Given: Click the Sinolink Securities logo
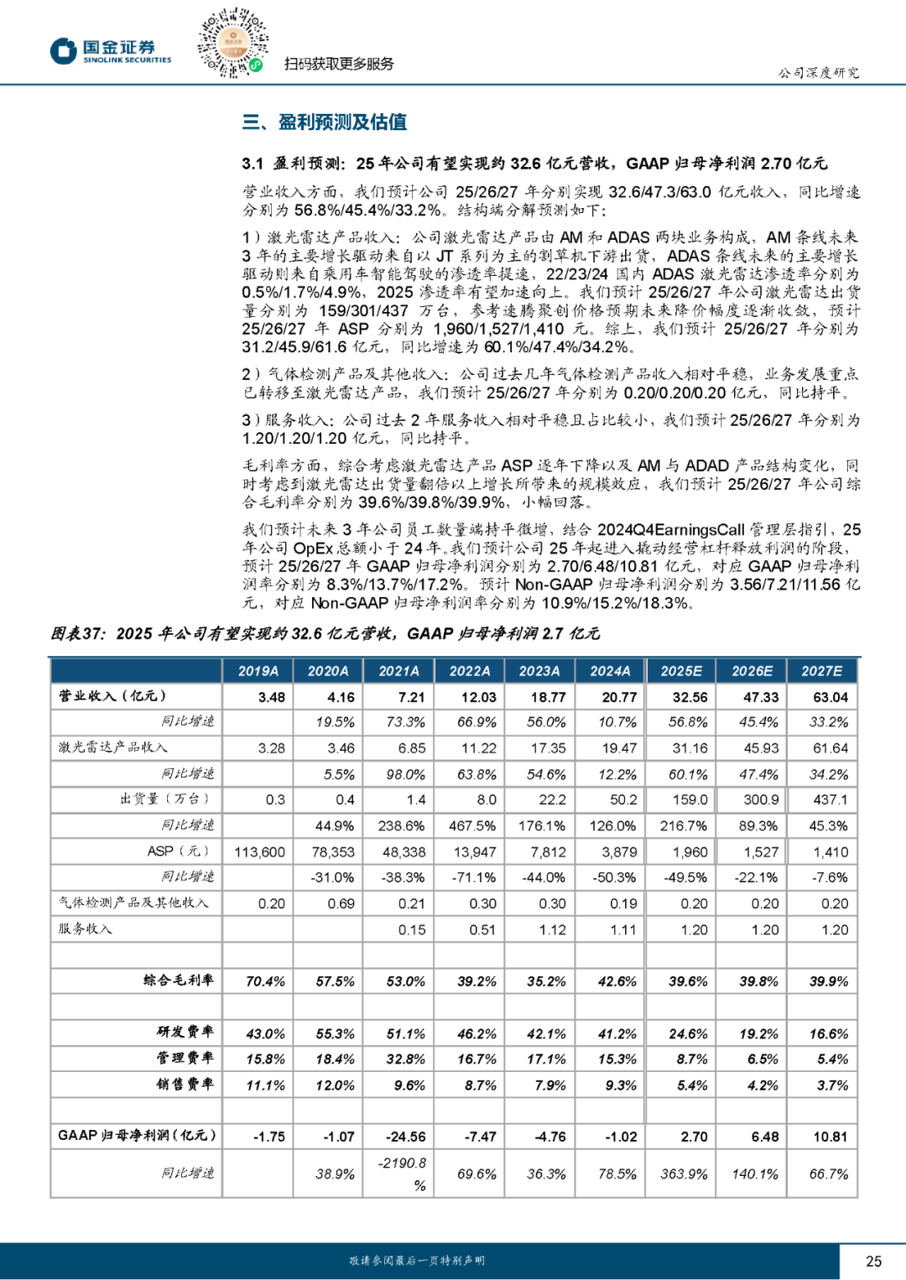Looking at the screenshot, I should pyautogui.click(x=110, y=51).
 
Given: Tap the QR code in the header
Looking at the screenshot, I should pyautogui.click(x=232, y=43).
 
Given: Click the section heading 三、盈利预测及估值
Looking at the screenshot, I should pyautogui.click(x=325, y=122).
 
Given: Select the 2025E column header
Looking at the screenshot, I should pyautogui.click(x=681, y=671).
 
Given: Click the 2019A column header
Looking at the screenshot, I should pyautogui.click(x=258, y=671).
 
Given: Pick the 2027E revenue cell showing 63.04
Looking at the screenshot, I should pyautogui.click(x=830, y=697).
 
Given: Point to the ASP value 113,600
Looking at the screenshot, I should pyautogui.click(x=259, y=852).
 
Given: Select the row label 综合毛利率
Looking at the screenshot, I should pyautogui.click(x=179, y=981).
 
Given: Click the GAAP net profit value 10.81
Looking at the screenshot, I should pyautogui.click(x=830, y=1137).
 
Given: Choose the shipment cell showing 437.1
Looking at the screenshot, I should pyautogui.click(x=830, y=800).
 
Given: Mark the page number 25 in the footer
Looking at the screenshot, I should pyautogui.click(x=873, y=1261).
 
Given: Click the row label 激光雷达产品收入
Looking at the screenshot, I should pyautogui.click(x=113, y=747).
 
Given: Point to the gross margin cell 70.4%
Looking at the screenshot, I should pyautogui.click(x=265, y=981).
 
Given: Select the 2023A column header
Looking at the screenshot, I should pyautogui.click(x=539, y=671).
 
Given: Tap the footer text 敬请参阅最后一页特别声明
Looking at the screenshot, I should pyautogui.click(x=417, y=1261).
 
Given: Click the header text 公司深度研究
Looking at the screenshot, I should pyautogui.click(x=818, y=73).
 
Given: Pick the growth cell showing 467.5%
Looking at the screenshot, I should pyautogui.click(x=472, y=826).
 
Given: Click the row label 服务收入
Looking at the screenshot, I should pyautogui.click(x=85, y=929).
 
